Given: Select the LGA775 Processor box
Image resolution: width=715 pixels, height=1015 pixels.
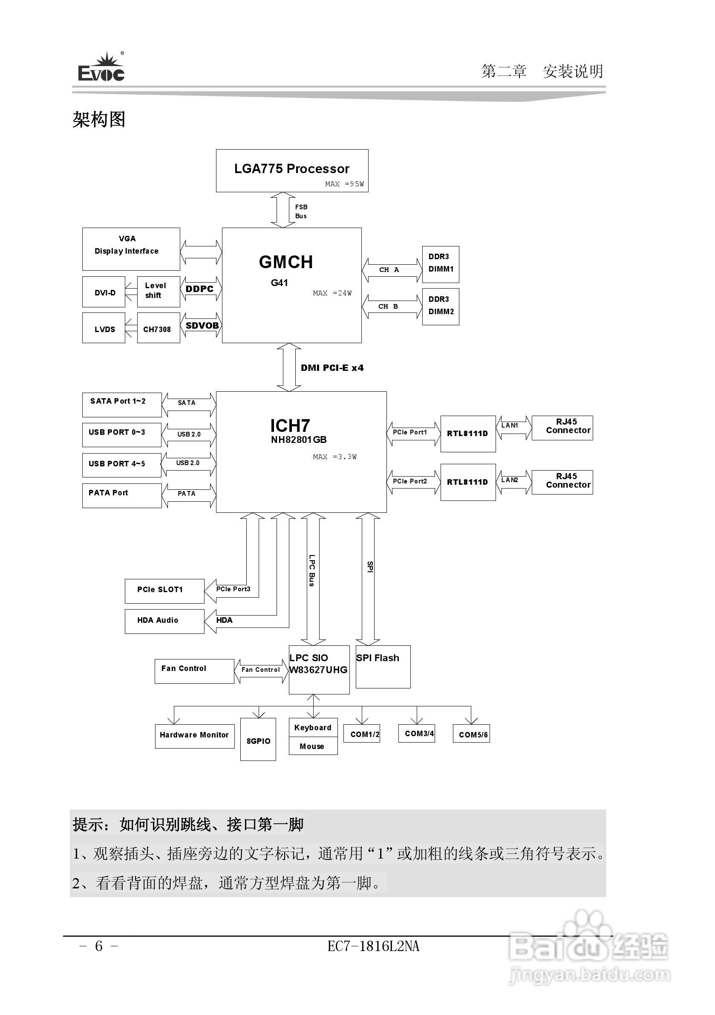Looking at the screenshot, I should (291, 171).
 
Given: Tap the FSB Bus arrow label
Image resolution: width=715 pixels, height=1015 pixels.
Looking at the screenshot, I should (301, 211).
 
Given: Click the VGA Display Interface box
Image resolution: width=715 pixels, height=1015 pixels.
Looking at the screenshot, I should (131, 249).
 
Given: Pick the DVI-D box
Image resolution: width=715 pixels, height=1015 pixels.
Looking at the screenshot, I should (104, 292).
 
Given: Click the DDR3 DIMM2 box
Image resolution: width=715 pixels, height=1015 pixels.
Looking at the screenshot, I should (441, 307).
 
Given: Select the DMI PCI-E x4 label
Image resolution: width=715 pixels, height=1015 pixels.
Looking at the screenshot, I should (332, 368).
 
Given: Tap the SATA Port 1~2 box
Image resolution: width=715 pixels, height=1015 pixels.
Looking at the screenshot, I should (121, 405).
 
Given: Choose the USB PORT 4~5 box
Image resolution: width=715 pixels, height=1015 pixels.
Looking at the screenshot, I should (121, 465).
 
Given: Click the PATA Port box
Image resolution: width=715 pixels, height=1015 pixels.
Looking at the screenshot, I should (121, 495).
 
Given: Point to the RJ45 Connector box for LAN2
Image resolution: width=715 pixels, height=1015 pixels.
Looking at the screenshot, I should (562, 482).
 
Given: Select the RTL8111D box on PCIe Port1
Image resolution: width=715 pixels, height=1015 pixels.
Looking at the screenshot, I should (467, 434).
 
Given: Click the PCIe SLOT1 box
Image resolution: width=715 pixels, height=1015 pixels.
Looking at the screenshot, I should (164, 590).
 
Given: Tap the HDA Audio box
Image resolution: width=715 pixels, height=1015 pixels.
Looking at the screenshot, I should (164, 621).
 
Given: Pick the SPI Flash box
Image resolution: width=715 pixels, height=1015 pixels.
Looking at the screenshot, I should (383, 666).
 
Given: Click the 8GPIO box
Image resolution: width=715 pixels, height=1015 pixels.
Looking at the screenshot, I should (258, 739).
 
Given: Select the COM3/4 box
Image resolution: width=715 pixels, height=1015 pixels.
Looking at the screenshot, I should (416, 733).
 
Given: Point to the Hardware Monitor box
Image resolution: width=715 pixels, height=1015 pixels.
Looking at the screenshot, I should (194, 736).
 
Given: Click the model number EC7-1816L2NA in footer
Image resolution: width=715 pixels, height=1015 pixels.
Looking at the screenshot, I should (373, 946).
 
